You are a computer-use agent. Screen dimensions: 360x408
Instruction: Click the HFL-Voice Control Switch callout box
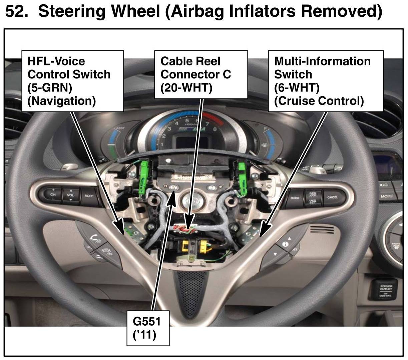pyautogui.click(x=72, y=81)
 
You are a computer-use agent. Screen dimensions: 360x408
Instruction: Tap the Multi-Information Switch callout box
pyautogui.click(x=326, y=81)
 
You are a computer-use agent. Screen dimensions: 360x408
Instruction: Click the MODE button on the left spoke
pyautogui.click(x=89, y=196)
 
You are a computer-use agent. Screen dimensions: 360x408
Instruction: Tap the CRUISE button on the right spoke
pyautogui.click(x=295, y=198)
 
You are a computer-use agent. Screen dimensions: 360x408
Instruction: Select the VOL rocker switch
pyautogui.click(x=70, y=195)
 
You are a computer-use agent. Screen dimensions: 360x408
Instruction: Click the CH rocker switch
pyautogui.click(x=53, y=194)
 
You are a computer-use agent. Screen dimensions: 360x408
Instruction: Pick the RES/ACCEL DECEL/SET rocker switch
pyautogui.click(x=313, y=198)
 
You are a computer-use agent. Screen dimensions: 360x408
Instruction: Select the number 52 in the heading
pyautogui.click(x=14, y=12)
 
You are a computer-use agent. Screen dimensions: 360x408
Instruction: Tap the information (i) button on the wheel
pyautogui.click(x=285, y=244)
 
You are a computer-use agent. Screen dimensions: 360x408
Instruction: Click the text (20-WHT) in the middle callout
pyautogui.click(x=186, y=87)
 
